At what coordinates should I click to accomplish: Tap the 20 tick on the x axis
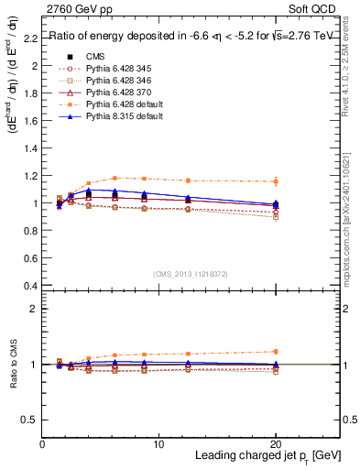tap(276, 444)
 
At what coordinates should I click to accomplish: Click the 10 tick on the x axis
tap(159, 444)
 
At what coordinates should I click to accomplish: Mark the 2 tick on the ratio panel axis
tap(34, 309)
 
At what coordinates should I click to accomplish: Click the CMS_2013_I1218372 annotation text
tap(190, 273)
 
